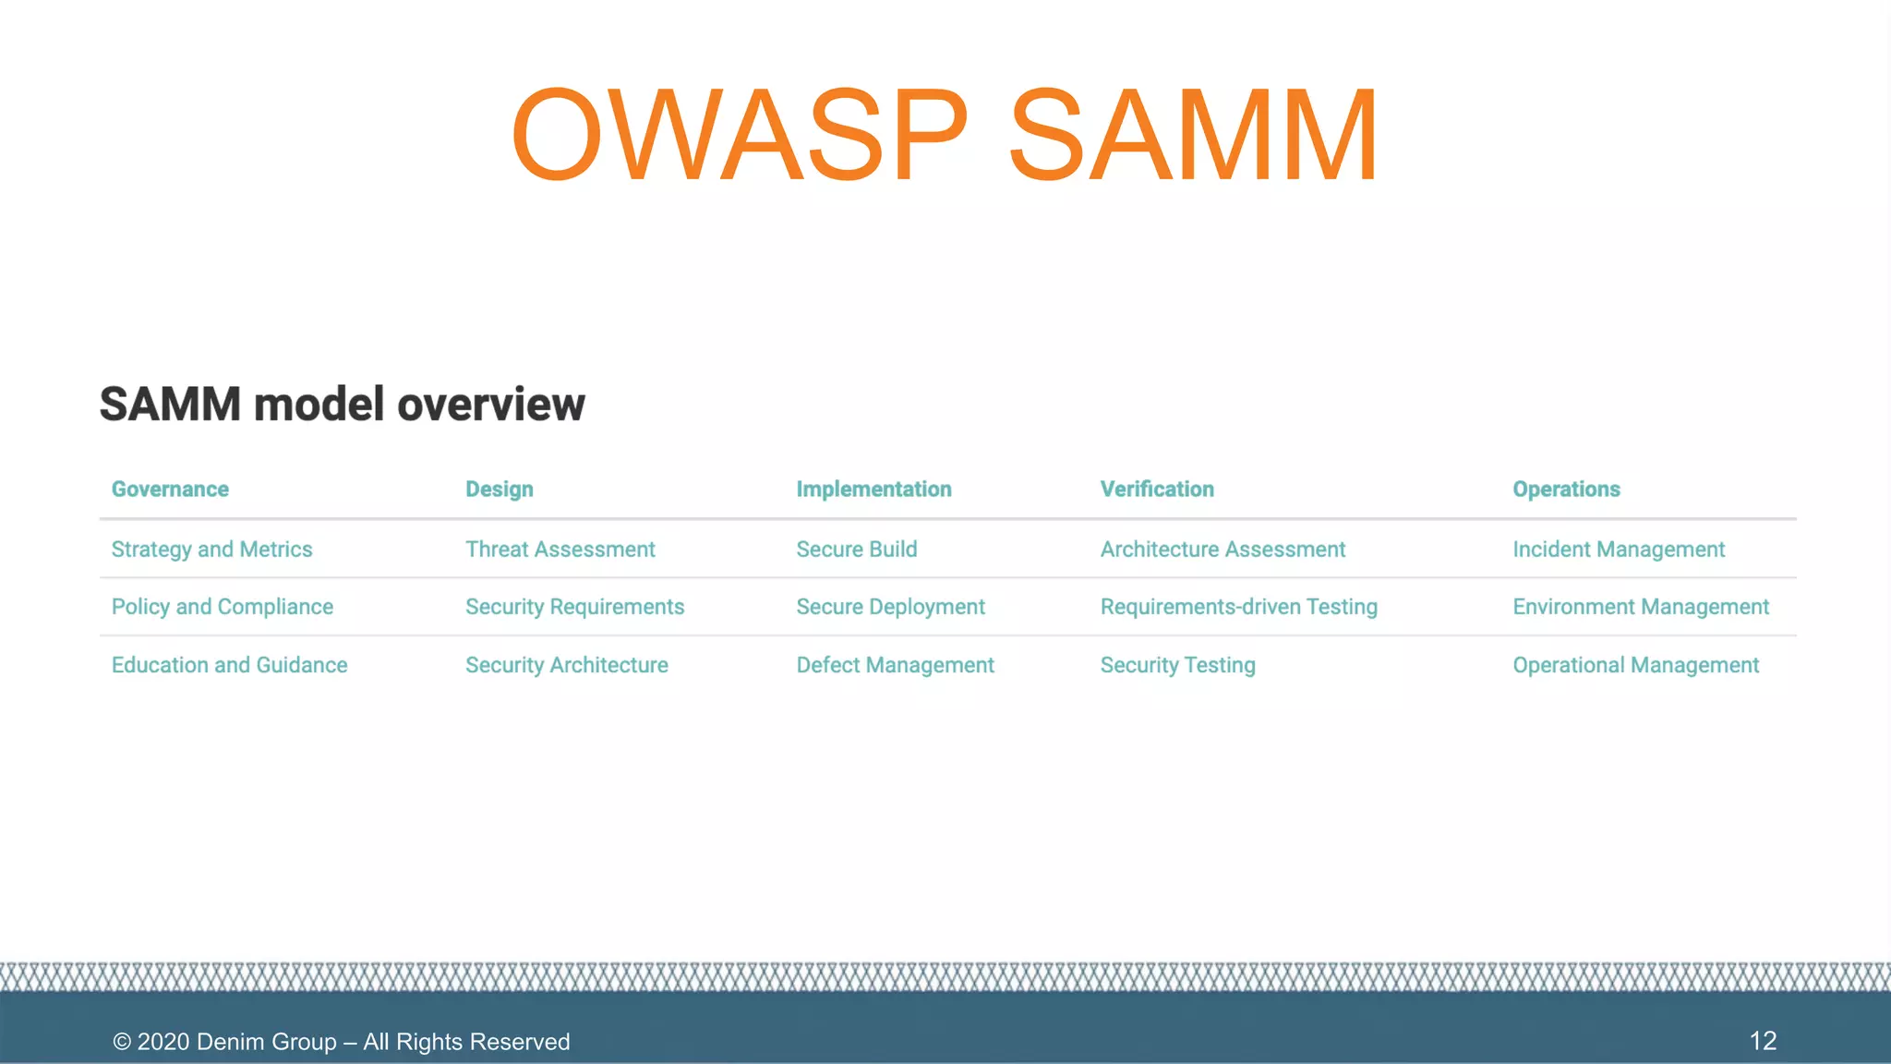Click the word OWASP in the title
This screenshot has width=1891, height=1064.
pos(739,135)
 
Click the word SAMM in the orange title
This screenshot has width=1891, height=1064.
pos(1193,135)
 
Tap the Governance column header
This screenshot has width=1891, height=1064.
pos(170,490)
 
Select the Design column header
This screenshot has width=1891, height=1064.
pos(499,490)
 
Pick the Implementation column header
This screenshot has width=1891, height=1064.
pos(873,490)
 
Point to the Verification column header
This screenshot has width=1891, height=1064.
pos(1156,490)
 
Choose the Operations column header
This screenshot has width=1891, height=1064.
pos(1566,490)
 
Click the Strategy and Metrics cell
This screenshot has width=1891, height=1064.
pos(211,550)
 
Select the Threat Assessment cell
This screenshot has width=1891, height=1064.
pos(560,550)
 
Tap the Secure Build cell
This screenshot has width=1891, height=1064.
pos(856,550)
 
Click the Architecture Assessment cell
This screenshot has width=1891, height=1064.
pos(1223,550)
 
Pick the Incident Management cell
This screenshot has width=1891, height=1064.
pos(1618,550)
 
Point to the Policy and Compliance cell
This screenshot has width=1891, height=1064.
pos(222,607)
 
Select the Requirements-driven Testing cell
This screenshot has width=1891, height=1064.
pos(1238,607)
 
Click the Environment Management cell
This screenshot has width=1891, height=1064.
pos(1640,607)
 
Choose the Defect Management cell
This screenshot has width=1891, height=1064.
pos(895,665)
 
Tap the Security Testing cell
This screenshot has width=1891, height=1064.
pos(1177,665)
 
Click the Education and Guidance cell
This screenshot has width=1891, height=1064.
pos(229,665)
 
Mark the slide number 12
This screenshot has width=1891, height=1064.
pos(1763,1041)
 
